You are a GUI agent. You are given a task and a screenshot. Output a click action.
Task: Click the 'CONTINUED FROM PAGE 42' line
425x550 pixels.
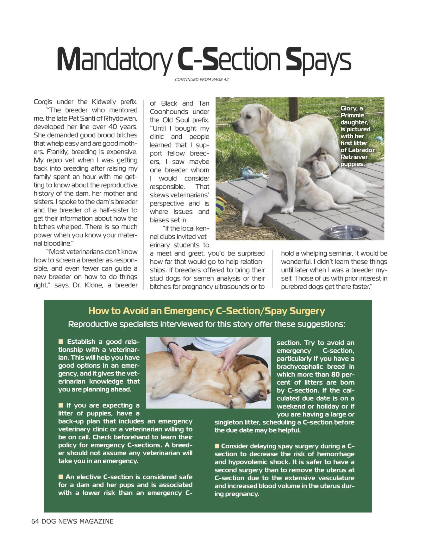(201, 79)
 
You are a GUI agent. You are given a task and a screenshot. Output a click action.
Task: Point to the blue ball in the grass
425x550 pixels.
(378, 138)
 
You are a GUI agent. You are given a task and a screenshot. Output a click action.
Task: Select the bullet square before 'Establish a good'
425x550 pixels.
(61, 342)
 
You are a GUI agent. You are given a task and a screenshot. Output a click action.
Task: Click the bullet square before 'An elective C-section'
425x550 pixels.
(61, 477)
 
